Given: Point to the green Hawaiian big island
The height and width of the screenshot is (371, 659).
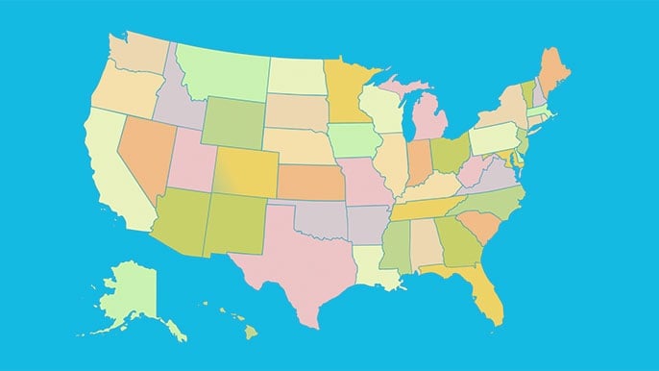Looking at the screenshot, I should click(x=249, y=332).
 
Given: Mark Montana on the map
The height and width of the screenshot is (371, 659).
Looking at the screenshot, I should click(x=221, y=72).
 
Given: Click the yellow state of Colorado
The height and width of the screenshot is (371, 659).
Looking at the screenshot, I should click(x=245, y=172).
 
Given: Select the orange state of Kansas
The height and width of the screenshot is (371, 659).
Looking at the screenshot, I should click(x=312, y=181).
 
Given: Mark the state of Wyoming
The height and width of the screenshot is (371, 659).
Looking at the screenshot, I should click(x=232, y=121).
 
